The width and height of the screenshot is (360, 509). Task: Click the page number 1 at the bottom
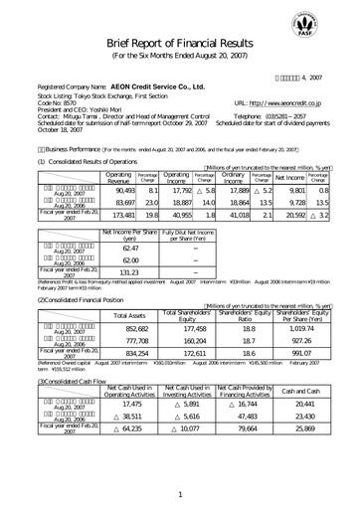tap(180, 493)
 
